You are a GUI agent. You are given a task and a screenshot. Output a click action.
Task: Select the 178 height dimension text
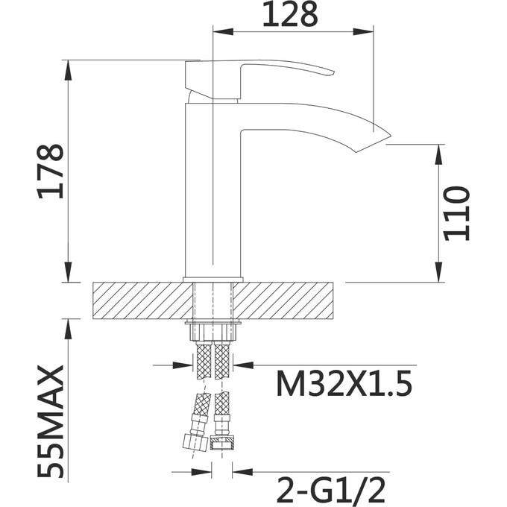tap(51, 171)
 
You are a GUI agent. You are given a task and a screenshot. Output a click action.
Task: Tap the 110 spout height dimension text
tap(456, 213)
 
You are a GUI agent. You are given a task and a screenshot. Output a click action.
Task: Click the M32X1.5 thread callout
tap(342, 385)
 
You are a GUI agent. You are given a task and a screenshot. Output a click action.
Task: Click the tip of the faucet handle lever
tap(329, 72)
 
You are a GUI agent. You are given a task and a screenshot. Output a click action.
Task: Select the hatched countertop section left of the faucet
tap(138, 300)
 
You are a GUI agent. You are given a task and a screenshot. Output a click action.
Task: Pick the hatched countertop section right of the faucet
tap(291, 300)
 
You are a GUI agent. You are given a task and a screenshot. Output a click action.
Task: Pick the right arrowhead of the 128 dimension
tap(365, 31)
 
